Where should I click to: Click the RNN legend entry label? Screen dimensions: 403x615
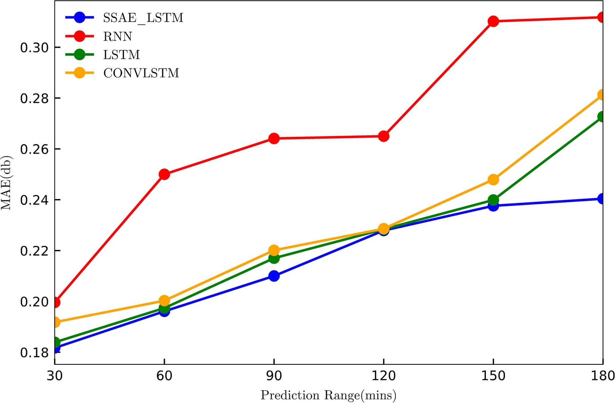coord(117,36)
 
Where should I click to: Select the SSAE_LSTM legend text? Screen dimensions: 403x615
coord(143,18)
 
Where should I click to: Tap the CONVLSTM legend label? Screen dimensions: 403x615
coord(141,73)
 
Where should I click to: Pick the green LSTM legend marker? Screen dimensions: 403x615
coord(79,55)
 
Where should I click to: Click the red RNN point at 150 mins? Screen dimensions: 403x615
coord(493,21)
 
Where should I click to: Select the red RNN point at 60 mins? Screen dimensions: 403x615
coord(164,174)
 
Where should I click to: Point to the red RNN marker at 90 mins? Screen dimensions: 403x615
coord(274,138)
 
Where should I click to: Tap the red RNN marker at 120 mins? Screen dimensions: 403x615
coord(383,136)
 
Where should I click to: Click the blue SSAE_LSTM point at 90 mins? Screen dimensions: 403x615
coord(274,276)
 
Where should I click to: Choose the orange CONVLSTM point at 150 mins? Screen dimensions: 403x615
coord(493,179)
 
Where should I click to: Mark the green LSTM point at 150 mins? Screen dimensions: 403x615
coord(493,200)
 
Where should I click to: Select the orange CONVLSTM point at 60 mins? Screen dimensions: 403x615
coord(164,300)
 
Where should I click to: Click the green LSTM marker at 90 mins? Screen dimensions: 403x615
coord(274,258)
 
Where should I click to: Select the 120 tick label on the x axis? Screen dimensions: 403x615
coord(383,376)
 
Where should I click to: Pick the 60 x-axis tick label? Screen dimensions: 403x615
coord(164,376)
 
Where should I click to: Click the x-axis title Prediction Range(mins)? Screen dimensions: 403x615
coord(328,395)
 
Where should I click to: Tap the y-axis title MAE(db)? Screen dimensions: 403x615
coord(6,183)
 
